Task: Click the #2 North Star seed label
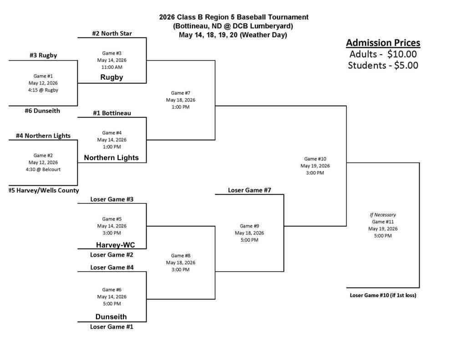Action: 112,33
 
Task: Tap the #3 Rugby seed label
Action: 43,55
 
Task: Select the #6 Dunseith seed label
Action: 42,111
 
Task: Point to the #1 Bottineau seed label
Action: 112,113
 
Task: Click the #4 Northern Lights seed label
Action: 43,136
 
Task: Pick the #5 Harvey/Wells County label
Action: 44,190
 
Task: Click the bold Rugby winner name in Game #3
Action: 112,77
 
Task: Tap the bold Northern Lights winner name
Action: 111,157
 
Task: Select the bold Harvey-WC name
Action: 115,245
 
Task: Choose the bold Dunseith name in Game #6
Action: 111,317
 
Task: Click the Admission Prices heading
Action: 383,43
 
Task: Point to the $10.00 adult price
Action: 402,54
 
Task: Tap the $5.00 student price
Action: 406,66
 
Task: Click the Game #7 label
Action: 180,93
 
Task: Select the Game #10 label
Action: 315,159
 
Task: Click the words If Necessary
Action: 383,215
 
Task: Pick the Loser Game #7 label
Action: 249,190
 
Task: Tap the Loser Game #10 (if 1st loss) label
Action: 383,295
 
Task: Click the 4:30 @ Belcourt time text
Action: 43,169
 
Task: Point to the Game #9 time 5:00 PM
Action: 249,240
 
